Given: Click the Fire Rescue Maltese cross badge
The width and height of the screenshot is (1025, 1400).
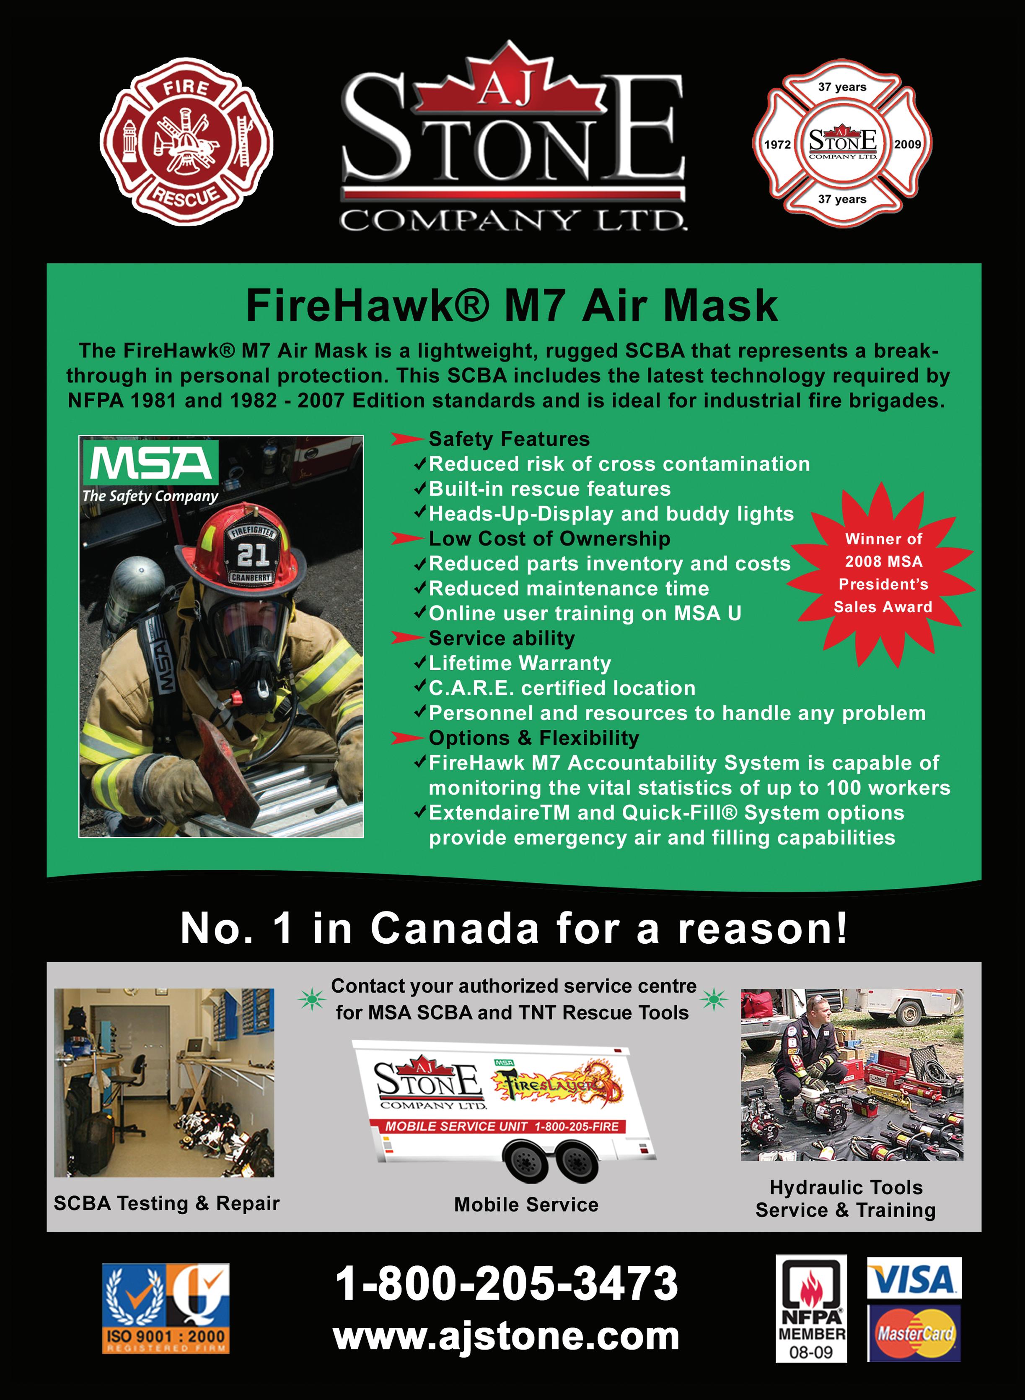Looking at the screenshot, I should (186, 142).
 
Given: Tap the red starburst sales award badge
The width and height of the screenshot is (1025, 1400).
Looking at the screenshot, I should (882, 574).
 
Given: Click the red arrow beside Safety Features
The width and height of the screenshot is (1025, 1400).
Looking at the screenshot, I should (406, 440).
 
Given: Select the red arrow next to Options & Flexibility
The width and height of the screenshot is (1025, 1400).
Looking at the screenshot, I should (406, 738).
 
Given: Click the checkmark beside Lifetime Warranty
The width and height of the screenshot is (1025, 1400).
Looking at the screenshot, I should (420, 663).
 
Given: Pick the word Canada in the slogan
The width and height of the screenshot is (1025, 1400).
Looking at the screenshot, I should (455, 929).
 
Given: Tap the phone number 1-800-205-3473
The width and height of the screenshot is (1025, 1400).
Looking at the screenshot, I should (506, 1284).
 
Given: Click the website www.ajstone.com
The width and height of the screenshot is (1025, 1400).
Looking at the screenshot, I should (506, 1336).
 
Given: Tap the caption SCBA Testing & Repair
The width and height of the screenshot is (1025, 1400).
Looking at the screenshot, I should (166, 1203).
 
